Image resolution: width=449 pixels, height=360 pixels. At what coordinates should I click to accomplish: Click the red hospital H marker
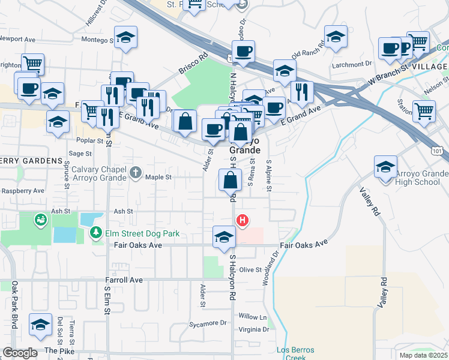(242, 221)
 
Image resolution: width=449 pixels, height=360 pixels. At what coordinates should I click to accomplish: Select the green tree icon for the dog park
(95, 232)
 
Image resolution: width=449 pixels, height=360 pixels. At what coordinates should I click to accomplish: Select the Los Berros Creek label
(291, 354)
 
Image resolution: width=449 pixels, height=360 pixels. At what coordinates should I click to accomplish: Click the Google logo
(20, 353)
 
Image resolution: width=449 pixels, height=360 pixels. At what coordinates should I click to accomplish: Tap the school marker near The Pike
(40, 326)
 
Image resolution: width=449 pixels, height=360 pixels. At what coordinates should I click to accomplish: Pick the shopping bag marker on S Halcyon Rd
(231, 179)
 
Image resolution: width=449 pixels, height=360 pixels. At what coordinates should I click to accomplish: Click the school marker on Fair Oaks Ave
(224, 236)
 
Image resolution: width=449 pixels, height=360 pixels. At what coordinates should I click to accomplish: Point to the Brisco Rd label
(192, 65)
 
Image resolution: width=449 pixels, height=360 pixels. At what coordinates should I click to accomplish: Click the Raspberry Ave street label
(23, 191)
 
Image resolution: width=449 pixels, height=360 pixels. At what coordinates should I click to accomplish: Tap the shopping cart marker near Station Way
(424, 110)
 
